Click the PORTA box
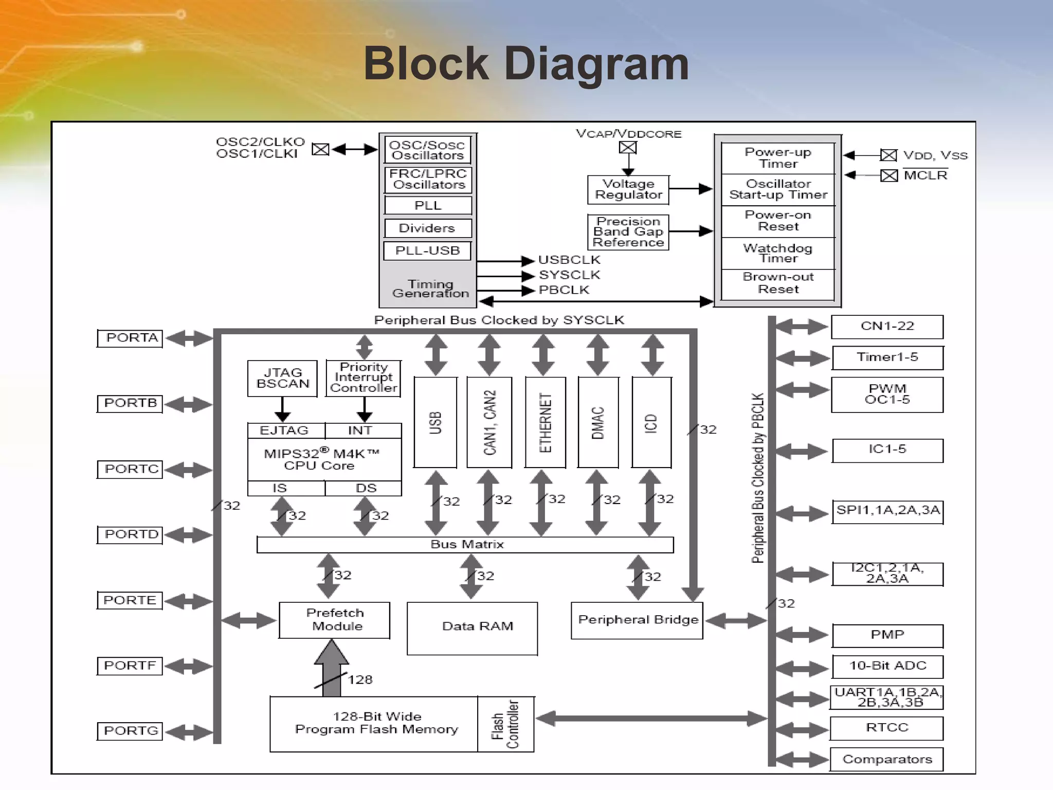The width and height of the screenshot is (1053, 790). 130,338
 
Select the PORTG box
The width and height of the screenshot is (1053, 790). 130,731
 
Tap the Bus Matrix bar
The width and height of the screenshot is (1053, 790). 465,545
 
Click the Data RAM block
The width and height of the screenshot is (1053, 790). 472,628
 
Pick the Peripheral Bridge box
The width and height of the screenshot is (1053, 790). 637,620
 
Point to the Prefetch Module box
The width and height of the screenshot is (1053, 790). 335,620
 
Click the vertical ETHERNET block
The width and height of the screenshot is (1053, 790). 545,422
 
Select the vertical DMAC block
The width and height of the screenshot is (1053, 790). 598,422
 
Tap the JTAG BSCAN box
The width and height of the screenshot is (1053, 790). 282,379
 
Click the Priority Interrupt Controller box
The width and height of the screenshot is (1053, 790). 363,379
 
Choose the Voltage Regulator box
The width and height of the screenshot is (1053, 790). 628,190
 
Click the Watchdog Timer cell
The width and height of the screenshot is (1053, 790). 777,253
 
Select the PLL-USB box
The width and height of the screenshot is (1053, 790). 427,251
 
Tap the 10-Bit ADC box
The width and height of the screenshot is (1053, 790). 887,666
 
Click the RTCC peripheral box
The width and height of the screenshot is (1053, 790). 887,728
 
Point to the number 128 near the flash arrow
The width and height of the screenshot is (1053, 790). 360,680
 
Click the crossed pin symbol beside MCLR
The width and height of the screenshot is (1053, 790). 888,176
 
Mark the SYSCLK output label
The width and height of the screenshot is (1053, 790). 569,275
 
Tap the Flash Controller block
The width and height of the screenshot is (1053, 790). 505,724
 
